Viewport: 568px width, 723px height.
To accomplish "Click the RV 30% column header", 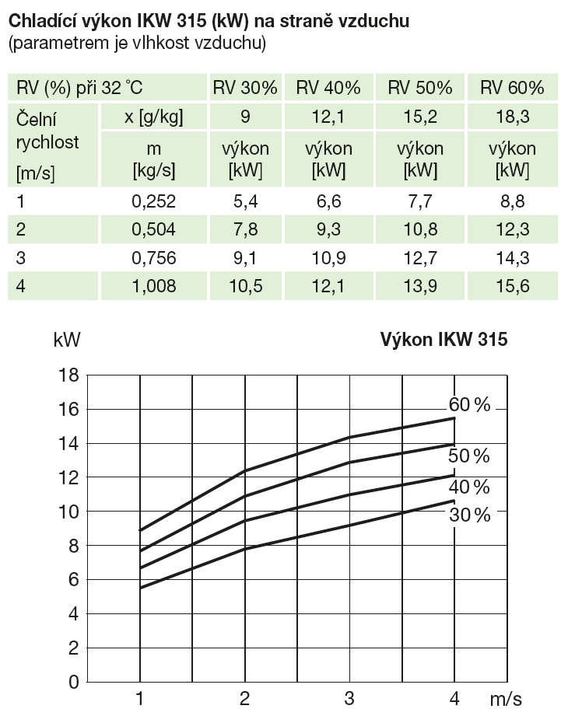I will [245, 88].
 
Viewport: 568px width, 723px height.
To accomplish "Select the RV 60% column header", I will [512, 88].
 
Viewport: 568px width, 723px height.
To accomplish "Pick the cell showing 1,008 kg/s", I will [154, 286].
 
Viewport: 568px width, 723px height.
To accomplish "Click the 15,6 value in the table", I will [512, 286].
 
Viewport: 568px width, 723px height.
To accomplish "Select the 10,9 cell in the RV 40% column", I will [328, 258].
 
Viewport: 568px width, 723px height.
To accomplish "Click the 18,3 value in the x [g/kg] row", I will [512, 117].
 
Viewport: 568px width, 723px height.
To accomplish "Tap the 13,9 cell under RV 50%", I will [420, 286].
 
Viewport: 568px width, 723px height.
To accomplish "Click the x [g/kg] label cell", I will [154, 117].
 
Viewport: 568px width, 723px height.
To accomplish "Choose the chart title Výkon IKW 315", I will [444, 340].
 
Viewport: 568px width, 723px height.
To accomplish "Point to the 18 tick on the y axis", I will [69, 375].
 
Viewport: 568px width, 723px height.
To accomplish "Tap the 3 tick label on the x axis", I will [349, 698].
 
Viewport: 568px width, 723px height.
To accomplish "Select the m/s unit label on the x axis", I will [507, 699].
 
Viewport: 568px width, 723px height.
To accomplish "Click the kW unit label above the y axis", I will [67, 340].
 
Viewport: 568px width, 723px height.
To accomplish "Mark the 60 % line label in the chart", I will [470, 405].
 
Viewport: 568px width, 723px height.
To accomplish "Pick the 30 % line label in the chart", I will [470, 515].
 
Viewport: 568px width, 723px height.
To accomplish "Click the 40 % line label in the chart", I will [470, 487].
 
